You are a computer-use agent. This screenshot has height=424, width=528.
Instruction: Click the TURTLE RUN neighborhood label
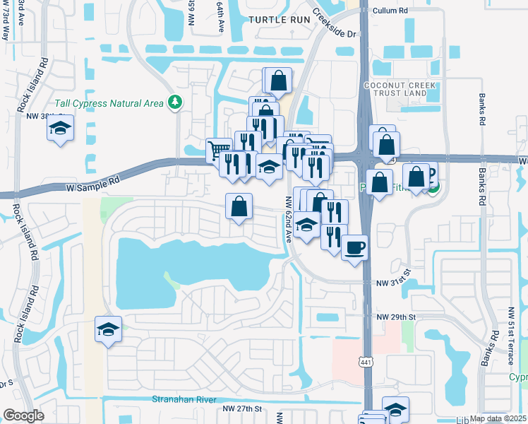[280, 20]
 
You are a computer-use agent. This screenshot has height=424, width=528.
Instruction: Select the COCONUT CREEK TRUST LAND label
[396, 89]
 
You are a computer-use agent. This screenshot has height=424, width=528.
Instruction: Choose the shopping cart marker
[219, 151]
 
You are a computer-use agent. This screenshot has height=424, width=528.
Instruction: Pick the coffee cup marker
[354, 247]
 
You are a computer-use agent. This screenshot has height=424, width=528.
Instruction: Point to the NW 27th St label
[242, 408]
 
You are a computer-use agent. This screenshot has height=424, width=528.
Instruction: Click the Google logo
[23, 415]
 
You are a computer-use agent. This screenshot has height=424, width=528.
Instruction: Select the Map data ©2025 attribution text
[498, 418]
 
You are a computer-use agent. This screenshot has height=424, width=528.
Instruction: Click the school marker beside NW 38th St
[61, 129]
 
